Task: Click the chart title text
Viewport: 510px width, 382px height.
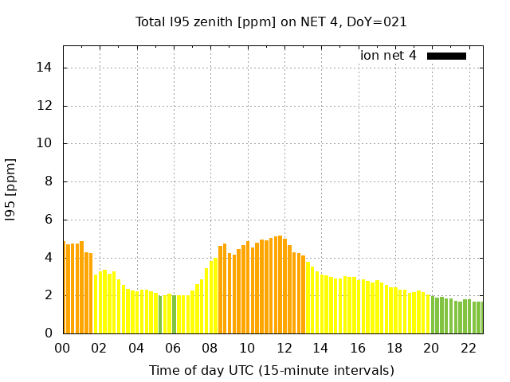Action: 271,22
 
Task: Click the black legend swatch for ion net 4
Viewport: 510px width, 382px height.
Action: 446,56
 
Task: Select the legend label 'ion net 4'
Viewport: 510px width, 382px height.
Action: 388,56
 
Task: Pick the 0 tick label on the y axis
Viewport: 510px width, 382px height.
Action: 50,333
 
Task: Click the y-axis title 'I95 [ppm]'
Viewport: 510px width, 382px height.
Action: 11,189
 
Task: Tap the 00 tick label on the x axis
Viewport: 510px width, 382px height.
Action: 63,348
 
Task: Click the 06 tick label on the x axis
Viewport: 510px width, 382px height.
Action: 174,348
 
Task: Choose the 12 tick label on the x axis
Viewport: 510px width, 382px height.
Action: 284,348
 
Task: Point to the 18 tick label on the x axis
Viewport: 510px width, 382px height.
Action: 395,348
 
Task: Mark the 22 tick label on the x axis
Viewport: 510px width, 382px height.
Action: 469,348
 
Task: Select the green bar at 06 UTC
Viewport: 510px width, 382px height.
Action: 175,314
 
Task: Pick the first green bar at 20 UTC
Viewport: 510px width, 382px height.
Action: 433,315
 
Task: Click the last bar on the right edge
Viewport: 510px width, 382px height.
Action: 480,318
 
